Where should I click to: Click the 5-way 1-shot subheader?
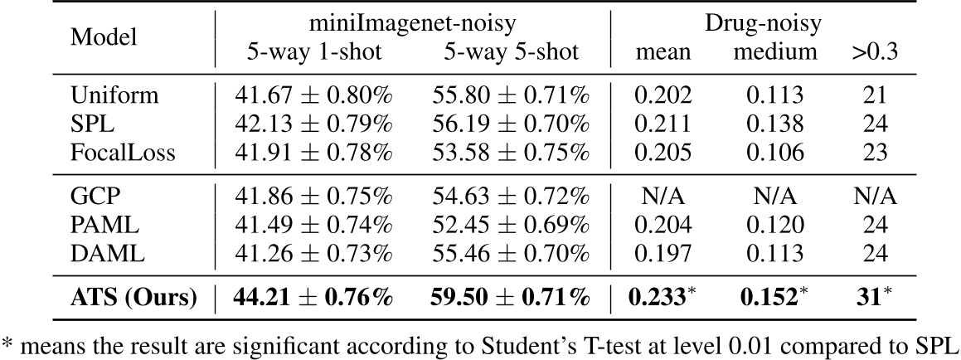click(314, 52)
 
